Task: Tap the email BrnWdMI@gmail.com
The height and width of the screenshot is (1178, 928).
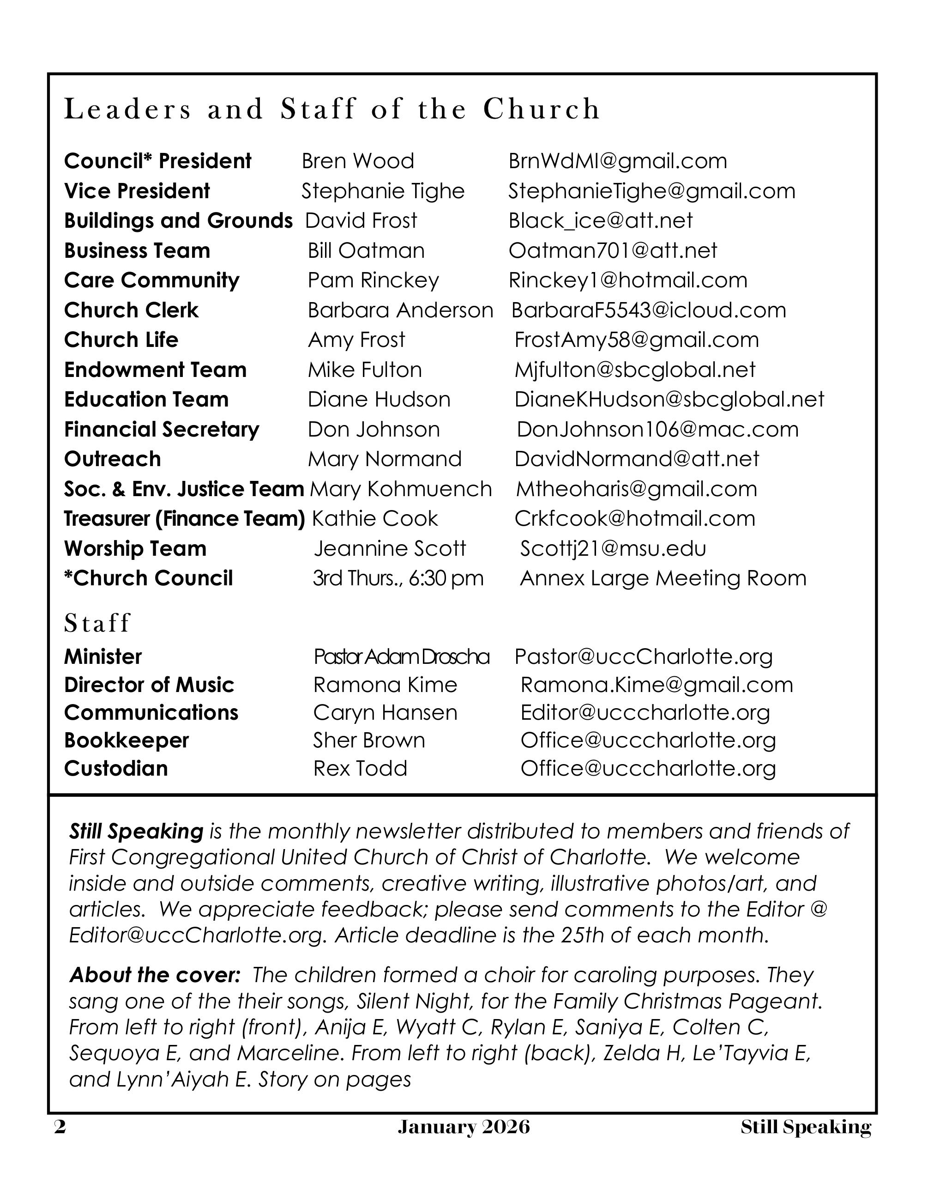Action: tap(617, 161)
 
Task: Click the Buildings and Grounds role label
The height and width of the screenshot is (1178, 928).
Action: tap(178, 221)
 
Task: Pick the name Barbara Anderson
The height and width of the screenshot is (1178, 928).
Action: tap(400, 310)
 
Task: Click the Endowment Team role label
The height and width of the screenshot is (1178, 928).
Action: tap(156, 370)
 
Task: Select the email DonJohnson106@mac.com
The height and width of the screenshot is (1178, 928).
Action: tap(657, 430)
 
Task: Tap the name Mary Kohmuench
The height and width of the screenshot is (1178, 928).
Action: tap(400, 489)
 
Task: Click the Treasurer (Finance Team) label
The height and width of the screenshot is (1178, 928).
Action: tap(185, 519)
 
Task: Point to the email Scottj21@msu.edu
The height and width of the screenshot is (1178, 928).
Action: tap(613, 548)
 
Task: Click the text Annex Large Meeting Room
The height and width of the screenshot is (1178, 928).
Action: tap(663, 578)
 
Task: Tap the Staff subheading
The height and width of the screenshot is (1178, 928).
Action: tap(97, 623)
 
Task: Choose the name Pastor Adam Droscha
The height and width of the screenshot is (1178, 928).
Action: tap(402, 657)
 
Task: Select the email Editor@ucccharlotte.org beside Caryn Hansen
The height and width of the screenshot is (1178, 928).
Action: tap(645, 713)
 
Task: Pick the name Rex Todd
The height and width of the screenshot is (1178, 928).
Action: tap(360, 769)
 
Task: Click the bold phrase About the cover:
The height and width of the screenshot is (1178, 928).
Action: tap(155, 975)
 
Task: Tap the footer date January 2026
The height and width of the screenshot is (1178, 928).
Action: tap(464, 1128)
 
